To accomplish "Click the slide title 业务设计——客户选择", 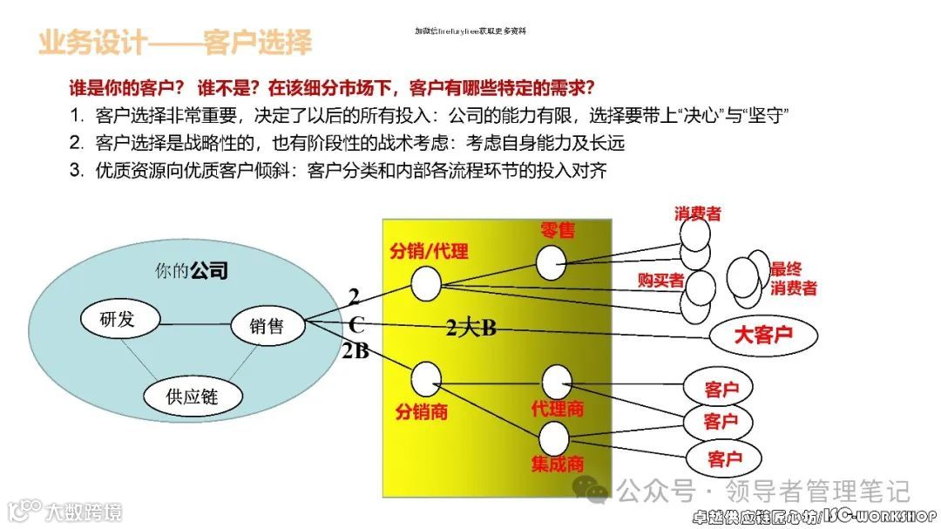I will click(174, 42).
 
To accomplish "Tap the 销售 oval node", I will click(268, 327).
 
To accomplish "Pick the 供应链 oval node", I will click(192, 397).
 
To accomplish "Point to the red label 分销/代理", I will click(429, 252).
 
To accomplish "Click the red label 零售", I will click(558, 230).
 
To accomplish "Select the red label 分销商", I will click(421, 411).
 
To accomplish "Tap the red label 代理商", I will click(558, 408).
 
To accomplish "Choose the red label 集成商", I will click(558, 464).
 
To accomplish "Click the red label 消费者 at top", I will click(697, 214).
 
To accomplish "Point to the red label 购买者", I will click(660, 280).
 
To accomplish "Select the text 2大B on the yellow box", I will click(470, 329).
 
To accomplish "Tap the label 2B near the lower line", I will click(355, 352).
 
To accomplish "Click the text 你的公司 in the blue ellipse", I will click(191, 270).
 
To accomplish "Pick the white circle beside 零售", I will click(551, 262).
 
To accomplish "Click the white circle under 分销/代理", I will click(426, 282).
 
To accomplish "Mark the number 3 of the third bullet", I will click(76, 171).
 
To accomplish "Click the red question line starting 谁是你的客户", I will click(332, 88).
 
